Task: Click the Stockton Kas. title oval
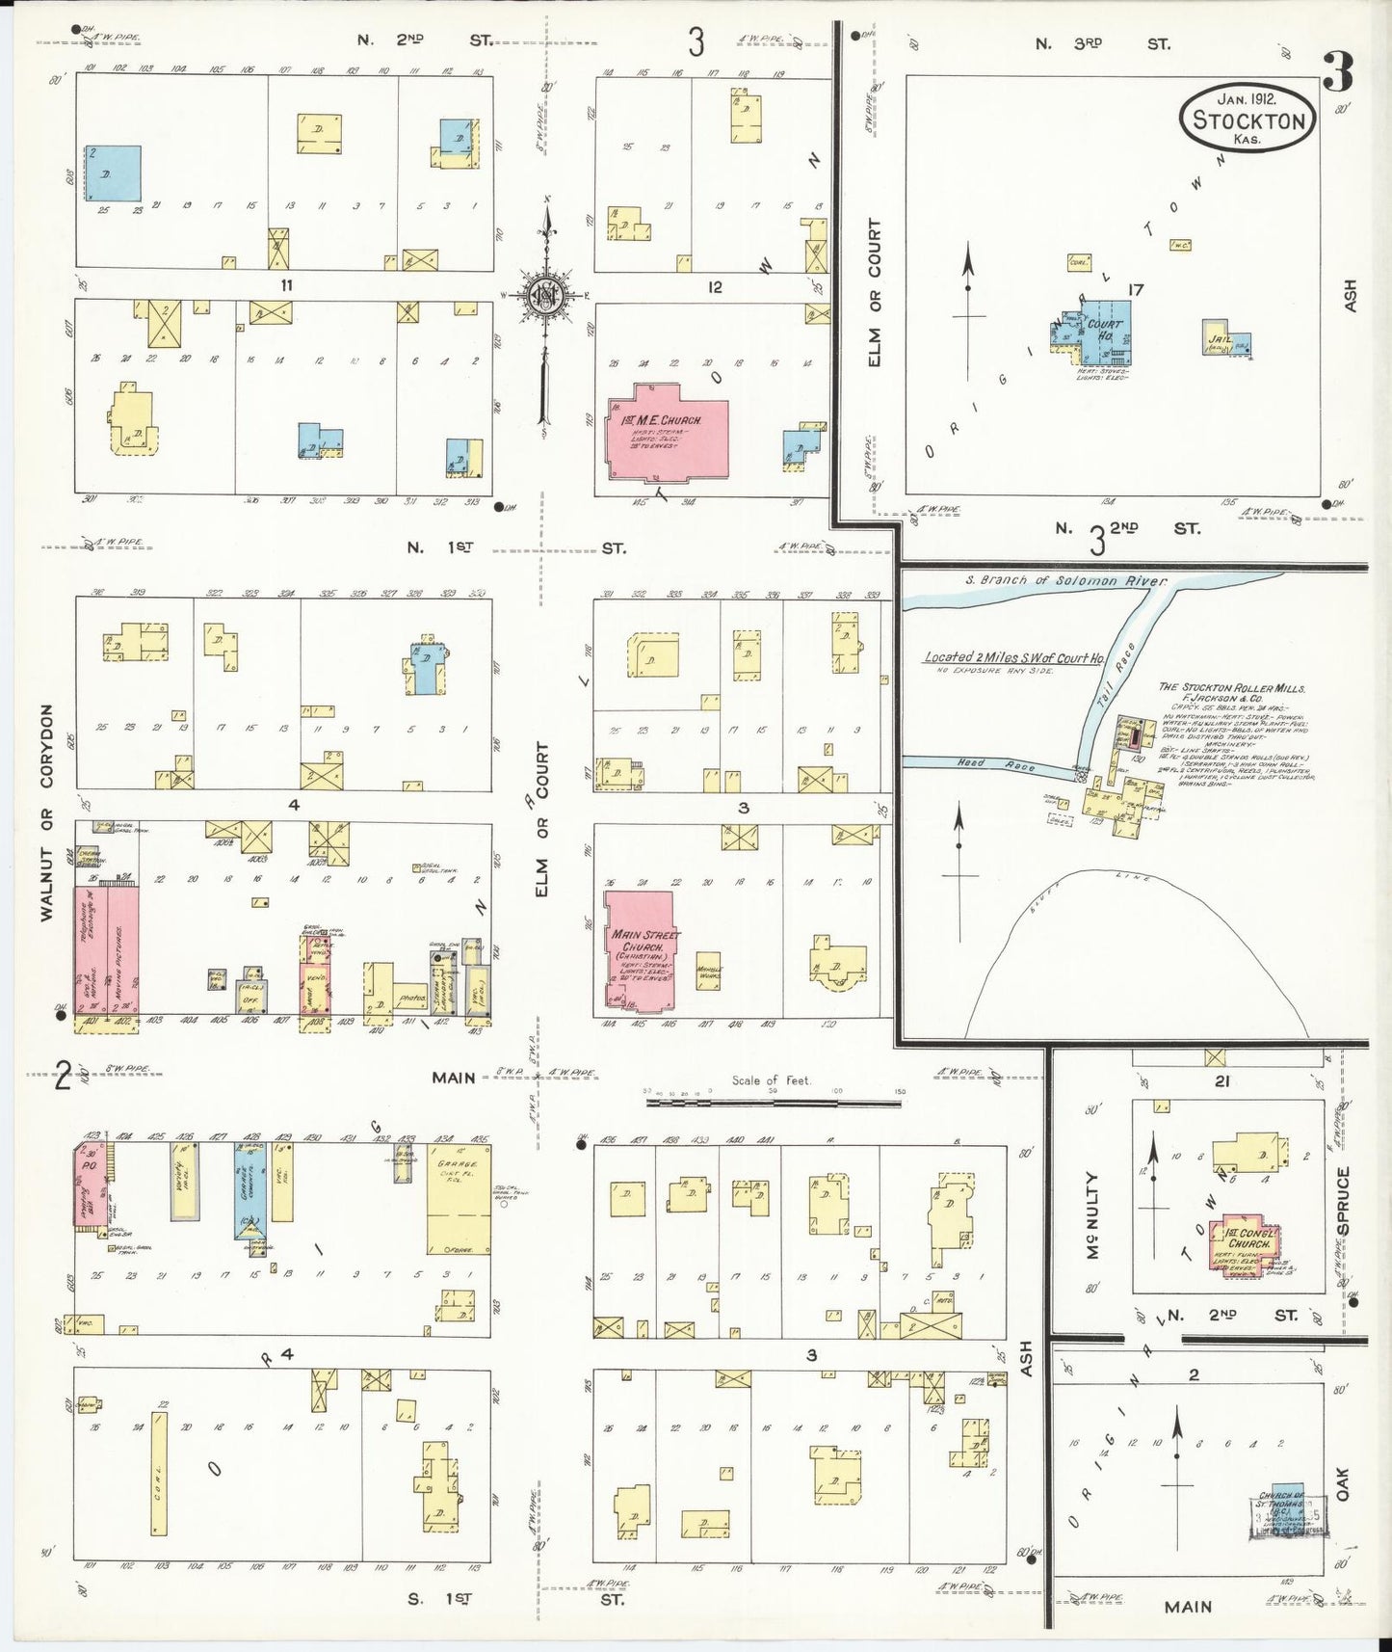coord(1248,117)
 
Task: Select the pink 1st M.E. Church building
coord(667,431)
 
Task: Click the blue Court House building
coord(1104,333)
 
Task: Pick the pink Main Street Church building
coord(640,950)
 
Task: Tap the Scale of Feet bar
coord(780,1098)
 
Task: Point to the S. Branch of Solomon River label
coord(1065,581)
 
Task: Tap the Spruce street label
coord(1343,1200)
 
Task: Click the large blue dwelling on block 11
coord(114,173)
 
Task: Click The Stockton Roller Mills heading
coord(1231,688)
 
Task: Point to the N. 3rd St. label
coord(1102,44)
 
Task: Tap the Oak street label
coord(1343,1483)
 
